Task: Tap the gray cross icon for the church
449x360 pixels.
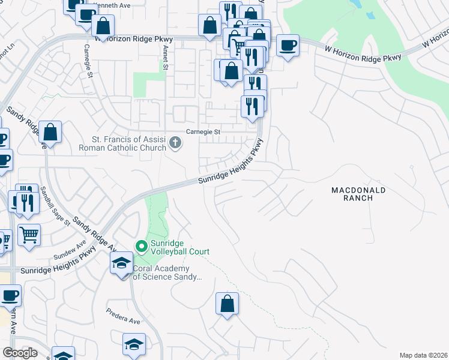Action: click(175, 142)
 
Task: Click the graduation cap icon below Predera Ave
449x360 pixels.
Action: click(134, 344)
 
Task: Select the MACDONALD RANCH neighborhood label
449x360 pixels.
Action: click(358, 194)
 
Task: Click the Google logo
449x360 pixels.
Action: click(20, 353)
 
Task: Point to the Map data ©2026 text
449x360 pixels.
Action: click(423, 355)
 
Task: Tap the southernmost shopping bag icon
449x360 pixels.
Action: click(228, 303)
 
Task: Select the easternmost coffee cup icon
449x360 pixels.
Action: click(288, 45)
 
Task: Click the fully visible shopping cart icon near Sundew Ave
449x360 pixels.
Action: click(29, 235)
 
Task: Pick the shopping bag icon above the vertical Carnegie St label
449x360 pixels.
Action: click(103, 26)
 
